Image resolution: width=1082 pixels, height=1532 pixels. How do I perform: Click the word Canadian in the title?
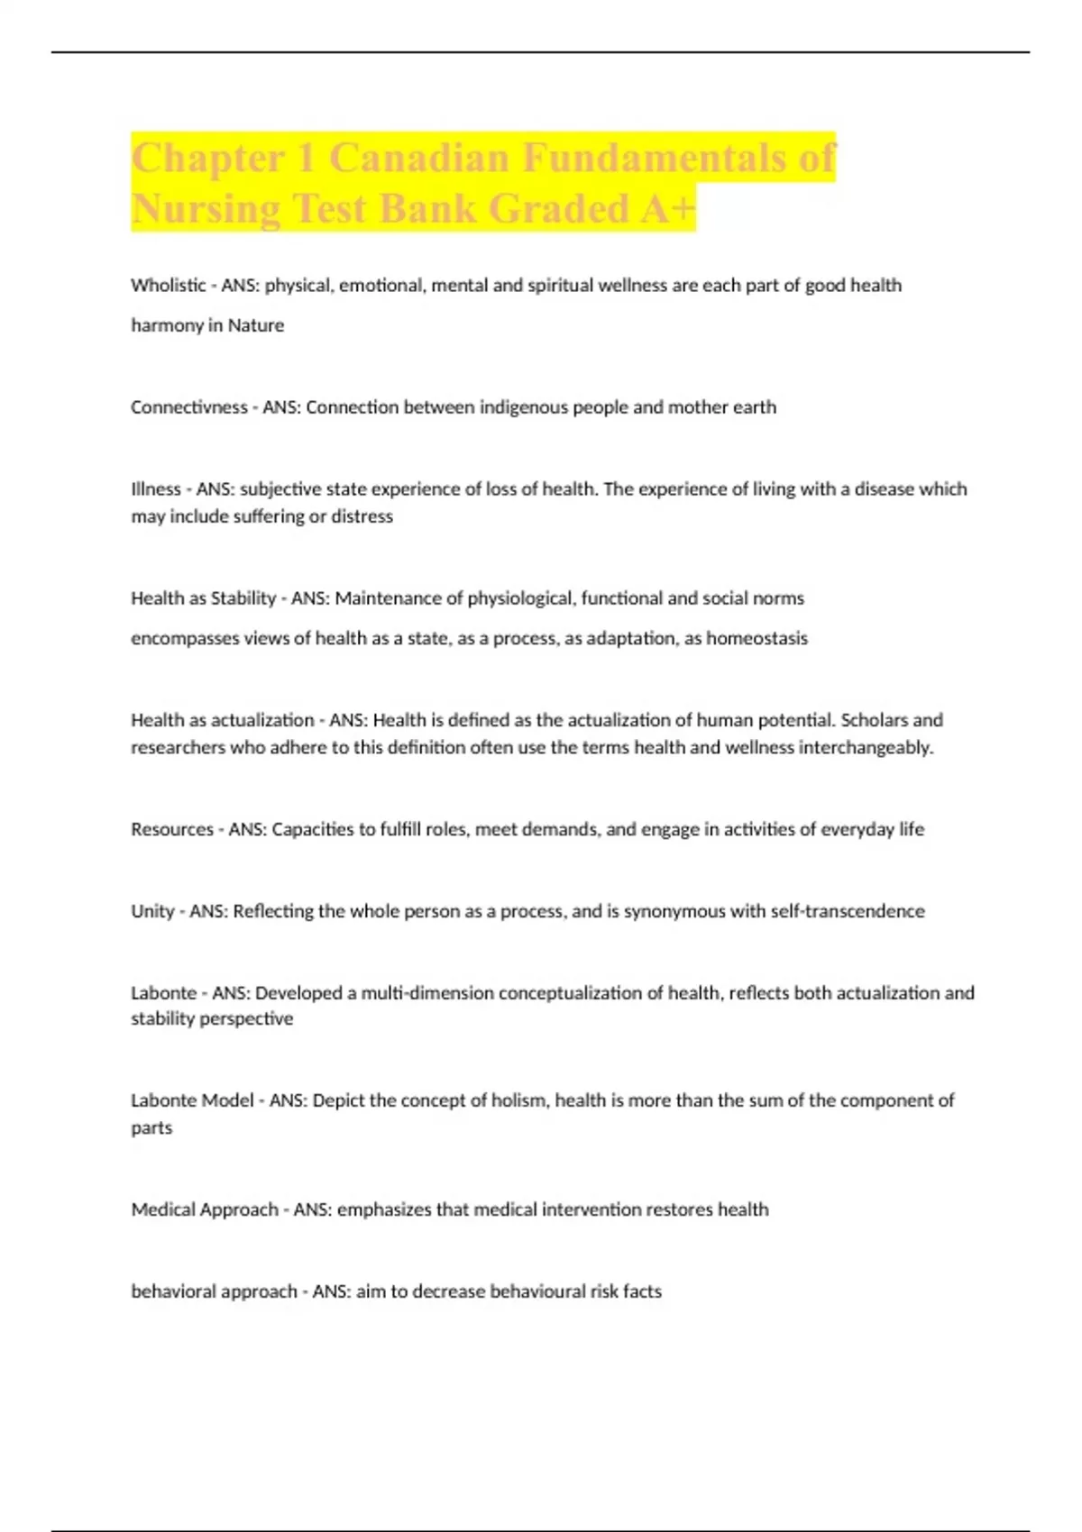[x=419, y=159]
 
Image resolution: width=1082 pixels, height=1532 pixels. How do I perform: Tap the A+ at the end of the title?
[x=668, y=209]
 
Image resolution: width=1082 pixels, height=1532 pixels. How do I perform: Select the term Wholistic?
[x=168, y=286]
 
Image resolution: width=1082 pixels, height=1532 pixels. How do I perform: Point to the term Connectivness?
[x=188, y=407]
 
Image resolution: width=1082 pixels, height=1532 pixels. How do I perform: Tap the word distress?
[x=362, y=516]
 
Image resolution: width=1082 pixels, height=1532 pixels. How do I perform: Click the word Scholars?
[x=874, y=720]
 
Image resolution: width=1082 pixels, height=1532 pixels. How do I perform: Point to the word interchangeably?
[x=866, y=748]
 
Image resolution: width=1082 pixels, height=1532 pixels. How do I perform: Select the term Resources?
[x=172, y=829]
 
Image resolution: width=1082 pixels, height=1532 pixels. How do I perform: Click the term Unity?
[x=152, y=911]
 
